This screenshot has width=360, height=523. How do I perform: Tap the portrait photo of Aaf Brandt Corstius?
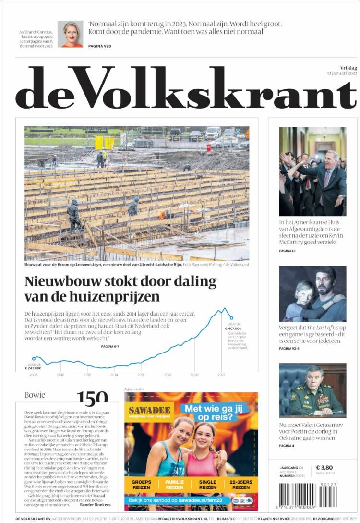(70, 34)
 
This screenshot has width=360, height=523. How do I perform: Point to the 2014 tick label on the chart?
(114, 374)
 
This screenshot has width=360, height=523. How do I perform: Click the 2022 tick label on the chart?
(221, 374)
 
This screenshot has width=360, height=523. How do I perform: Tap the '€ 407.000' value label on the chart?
(233, 329)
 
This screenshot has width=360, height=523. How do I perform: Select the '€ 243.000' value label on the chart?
(33, 368)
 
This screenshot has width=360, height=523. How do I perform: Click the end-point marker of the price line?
(231, 318)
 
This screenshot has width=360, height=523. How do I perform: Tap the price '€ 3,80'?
(324, 468)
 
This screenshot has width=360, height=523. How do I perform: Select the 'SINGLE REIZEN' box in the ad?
(207, 484)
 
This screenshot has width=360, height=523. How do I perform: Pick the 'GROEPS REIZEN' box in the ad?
(141, 484)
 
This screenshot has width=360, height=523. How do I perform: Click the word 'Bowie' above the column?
(35, 395)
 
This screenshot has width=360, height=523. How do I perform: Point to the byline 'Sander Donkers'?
(96, 505)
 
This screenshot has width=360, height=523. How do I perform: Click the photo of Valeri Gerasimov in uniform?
(312, 390)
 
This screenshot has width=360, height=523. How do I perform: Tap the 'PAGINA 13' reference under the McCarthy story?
(287, 251)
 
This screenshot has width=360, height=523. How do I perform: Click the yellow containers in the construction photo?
(104, 142)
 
